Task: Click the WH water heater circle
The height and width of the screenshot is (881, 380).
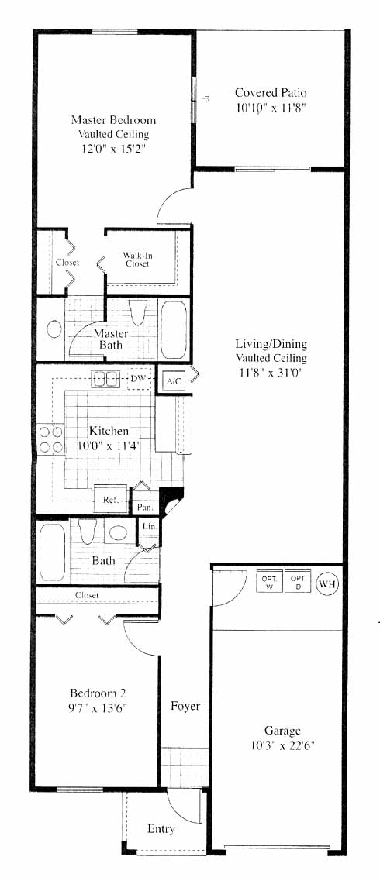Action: click(x=328, y=583)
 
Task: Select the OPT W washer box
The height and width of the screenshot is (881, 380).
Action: click(x=268, y=583)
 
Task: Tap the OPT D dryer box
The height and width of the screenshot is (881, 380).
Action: click(x=297, y=583)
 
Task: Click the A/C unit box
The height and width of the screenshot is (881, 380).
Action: click(x=174, y=381)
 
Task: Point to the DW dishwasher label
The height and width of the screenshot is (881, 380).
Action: click(x=138, y=378)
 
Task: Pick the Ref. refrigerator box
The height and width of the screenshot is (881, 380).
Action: click(x=110, y=499)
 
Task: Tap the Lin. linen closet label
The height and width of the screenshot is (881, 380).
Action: click(x=149, y=527)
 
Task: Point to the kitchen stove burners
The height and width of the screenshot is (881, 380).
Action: click(x=50, y=439)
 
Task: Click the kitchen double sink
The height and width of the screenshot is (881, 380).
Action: click(x=105, y=379)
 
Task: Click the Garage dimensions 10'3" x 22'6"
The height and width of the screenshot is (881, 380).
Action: click(x=282, y=746)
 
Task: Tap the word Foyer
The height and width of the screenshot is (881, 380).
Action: click(x=185, y=706)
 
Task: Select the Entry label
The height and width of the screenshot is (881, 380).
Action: click(x=161, y=829)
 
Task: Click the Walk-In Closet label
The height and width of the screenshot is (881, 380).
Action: click(x=138, y=260)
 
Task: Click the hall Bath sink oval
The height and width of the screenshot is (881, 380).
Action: click(x=118, y=532)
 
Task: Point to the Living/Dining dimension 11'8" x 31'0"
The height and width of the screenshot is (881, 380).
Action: click(x=271, y=371)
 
